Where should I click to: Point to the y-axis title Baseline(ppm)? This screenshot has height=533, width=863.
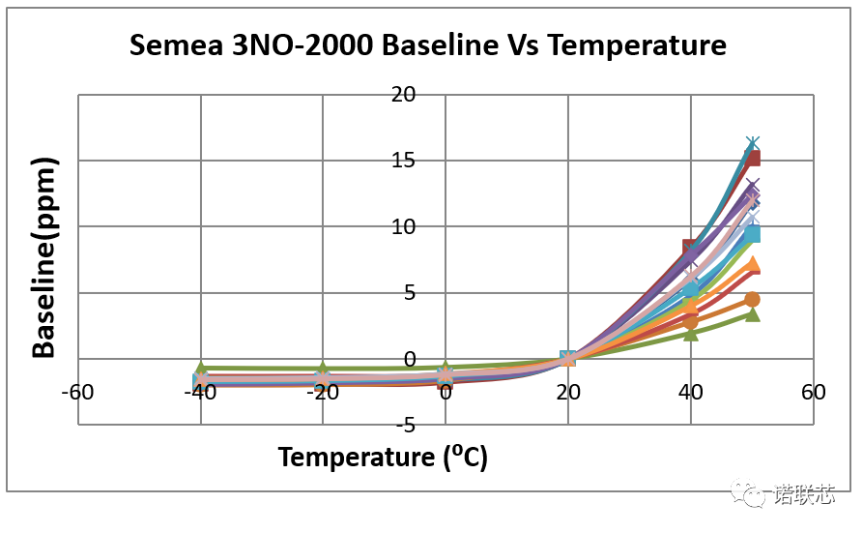coord(44,259)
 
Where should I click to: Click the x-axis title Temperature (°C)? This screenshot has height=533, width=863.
coord(383,457)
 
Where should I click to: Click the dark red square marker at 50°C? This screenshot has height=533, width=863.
coord(752,158)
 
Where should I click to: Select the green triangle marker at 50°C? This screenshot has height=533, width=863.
coord(752,314)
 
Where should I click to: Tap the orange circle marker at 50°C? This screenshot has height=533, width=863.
coord(752,300)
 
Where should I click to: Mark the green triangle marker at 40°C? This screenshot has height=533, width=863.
coord(690,333)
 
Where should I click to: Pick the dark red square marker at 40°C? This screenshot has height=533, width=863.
coord(690,248)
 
